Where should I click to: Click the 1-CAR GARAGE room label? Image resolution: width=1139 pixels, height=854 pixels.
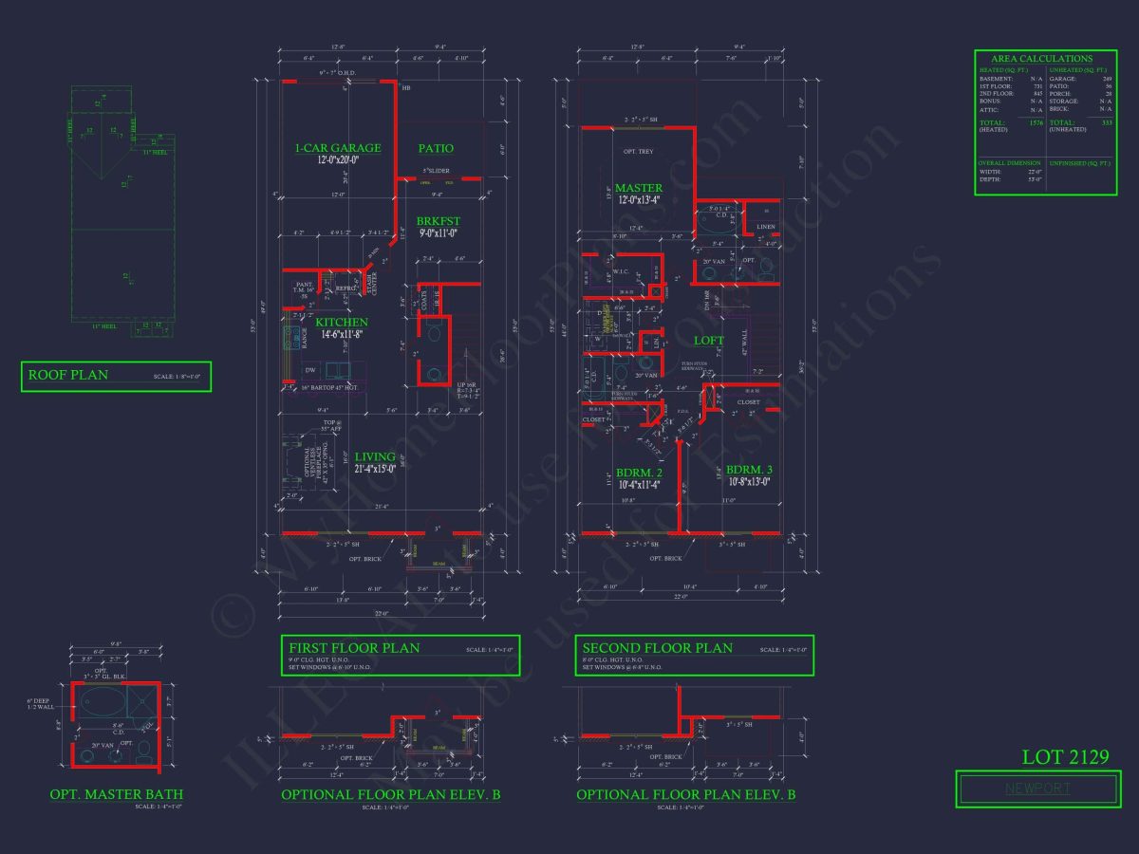337,148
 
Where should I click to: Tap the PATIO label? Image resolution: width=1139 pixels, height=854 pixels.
436,148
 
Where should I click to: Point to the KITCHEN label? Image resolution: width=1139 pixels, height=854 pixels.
341,323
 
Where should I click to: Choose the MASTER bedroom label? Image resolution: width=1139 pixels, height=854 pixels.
638,188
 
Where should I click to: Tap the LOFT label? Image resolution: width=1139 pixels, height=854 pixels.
708,341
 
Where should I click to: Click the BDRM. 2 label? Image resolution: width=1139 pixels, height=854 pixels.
638,473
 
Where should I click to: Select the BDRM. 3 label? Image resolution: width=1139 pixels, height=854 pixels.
749,469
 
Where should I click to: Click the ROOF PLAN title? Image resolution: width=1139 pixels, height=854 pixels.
68,375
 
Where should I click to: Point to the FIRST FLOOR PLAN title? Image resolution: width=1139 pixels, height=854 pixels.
354,648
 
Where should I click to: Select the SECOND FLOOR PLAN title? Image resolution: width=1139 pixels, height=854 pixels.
658,648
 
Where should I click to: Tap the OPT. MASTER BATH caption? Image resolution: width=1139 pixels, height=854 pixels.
117,794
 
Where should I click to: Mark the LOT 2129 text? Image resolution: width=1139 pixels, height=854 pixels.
1066,757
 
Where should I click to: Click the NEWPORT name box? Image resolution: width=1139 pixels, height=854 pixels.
1037,789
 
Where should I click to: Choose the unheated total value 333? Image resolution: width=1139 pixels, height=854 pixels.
1104,123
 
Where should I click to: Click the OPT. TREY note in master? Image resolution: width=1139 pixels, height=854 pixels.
638,152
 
